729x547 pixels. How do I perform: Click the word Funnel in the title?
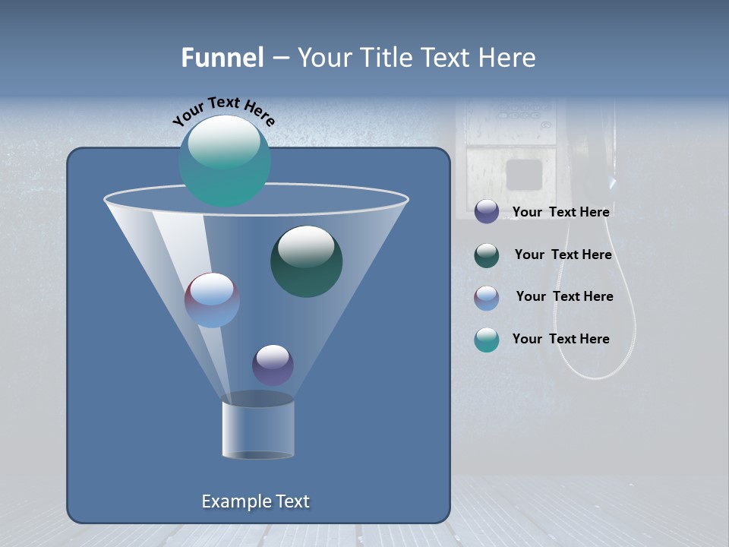coord(222,58)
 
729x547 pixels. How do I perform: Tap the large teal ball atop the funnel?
coord(224,160)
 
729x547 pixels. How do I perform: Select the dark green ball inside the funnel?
coord(306,261)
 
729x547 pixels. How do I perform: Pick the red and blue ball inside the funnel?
coord(212,300)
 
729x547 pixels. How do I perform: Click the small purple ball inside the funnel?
coord(273,365)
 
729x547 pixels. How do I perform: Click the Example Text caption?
coord(255,501)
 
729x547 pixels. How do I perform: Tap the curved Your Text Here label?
coord(224,110)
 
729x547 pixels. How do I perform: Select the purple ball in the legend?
coord(486,212)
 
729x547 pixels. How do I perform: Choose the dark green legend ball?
coord(486,255)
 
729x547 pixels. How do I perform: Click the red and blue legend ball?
coord(486,297)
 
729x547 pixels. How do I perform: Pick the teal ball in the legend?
coord(486,340)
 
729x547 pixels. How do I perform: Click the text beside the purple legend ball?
coord(560,212)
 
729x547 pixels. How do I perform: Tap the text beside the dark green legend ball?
coord(563,255)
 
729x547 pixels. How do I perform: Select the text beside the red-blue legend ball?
coord(564,296)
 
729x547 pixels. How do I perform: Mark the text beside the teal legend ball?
coord(560,339)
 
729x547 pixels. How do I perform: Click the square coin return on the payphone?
coord(524,174)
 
